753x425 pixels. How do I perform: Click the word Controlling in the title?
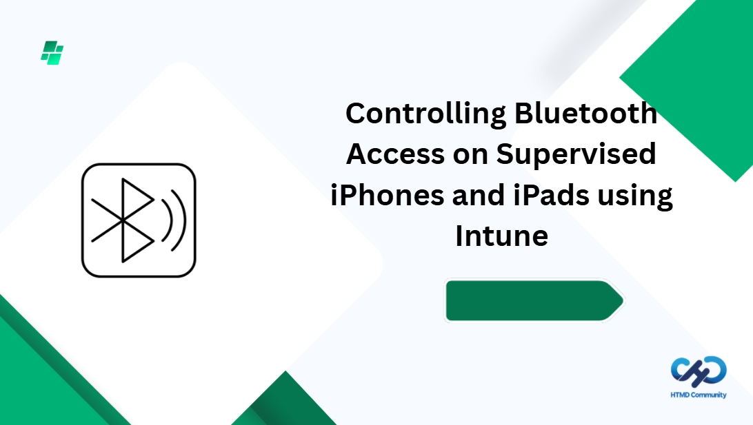click(425, 114)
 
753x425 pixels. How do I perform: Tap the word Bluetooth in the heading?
click(585, 113)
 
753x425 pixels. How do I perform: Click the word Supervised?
click(576, 154)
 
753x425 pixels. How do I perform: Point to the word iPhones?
click(387, 195)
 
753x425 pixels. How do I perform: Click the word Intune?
click(502, 236)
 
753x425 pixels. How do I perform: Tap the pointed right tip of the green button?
click(623, 301)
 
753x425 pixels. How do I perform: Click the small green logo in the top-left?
click(52, 53)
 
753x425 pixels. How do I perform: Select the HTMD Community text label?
click(699, 395)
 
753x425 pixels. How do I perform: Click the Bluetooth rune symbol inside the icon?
click(123, 220)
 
